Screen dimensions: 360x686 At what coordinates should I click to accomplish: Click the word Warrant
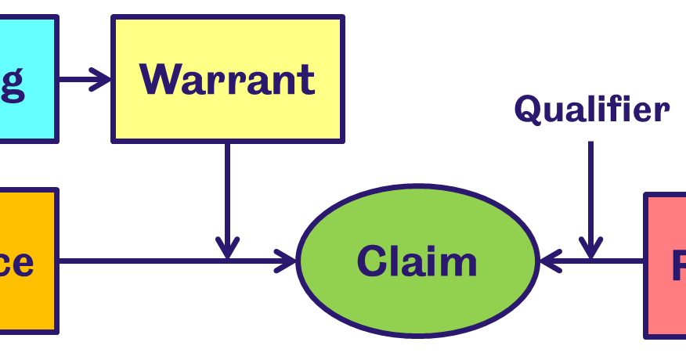click(227, 79)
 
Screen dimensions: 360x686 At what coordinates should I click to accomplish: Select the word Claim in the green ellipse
click(417, 261)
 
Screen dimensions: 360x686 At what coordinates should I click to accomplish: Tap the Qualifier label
click(591, 110)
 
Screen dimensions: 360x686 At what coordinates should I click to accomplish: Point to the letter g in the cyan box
click(12, 81)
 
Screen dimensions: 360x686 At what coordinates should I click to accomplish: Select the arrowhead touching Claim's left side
click(287, 261)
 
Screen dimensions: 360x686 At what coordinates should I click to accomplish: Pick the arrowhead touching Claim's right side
click(550, 261)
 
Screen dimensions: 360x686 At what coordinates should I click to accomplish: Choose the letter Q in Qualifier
click(528, 110)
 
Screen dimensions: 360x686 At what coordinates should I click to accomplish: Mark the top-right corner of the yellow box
click(342, 17)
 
